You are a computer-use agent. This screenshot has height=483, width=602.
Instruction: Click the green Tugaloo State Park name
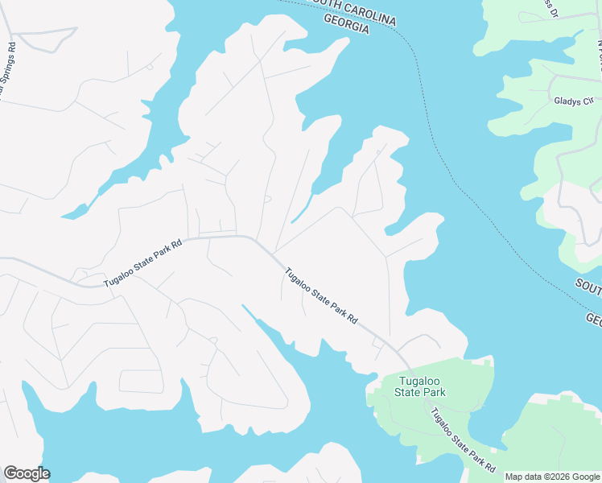pyautogui.click(x=419, y=386)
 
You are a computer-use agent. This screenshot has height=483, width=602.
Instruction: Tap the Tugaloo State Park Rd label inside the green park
pyautogui.click(x=461, y=442)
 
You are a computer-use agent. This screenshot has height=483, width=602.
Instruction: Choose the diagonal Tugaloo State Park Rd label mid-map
pyautogui.click(x=320, y=295)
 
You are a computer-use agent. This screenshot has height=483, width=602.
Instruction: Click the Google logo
pyautogui.click(x=27, y=473)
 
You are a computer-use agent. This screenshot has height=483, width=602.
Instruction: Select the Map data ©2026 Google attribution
pyautogui.click(x=552, y=477)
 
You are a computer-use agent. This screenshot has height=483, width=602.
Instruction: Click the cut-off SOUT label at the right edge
pyautogui.click(x=588, y=287)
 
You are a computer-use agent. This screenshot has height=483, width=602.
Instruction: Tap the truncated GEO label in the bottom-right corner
pyautogui.click(x=593, y=320)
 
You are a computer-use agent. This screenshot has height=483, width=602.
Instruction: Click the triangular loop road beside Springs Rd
pyautogui.click(x=44, y=39)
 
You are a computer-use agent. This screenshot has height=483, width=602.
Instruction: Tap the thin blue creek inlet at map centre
pyautogui.click(x=301, y=212)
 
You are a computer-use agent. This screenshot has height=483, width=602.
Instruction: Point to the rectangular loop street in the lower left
pyautogui.click(x=141, y=382)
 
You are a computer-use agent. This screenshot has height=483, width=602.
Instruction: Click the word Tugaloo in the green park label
pyautogui.click(x=419, y=380)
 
